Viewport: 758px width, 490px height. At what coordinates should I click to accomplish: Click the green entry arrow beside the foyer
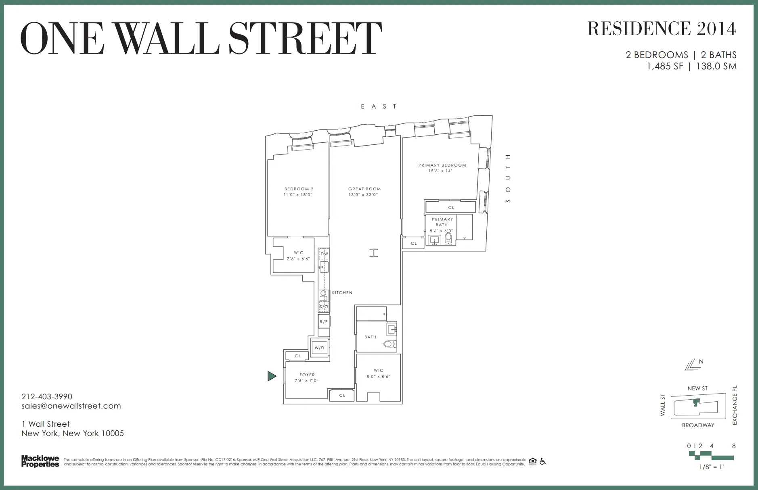[x=272, y=376]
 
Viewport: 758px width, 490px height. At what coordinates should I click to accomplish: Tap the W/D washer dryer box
[x=320, y=348]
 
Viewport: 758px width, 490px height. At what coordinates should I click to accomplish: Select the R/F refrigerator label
[x=324, y=322]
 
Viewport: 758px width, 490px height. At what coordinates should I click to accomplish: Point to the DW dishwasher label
[x=324, y=254]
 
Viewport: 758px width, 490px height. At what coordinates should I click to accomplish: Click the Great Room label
[x=364, y=189]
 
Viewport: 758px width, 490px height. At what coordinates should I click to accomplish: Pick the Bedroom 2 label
[x=299, y=189]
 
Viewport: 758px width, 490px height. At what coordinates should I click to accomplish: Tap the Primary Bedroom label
[x=442, y=165]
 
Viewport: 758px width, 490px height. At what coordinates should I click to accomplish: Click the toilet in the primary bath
[x=448, y=239]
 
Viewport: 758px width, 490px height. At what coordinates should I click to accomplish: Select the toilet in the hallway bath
[x=389, y=344]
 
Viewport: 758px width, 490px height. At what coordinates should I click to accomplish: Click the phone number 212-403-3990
[x=47, y=396]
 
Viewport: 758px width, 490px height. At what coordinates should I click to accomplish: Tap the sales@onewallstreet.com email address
[x=71, y=406]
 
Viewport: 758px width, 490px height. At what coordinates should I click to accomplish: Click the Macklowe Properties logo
[x=40, y=461]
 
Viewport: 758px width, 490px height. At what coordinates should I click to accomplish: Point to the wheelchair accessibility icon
[x=542, y=461]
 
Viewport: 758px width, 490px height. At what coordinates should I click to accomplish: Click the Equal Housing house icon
[x=532, y=461]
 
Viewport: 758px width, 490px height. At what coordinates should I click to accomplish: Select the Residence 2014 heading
[x=662, y=28]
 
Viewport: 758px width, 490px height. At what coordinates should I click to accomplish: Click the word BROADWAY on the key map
[x=698, y=425]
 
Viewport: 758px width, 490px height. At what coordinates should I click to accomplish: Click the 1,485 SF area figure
[x=665, y=67]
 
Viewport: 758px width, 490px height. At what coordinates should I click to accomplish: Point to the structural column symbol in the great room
[x=374, y=253]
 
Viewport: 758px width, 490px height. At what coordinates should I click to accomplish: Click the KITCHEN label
[x=342, y=292]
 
